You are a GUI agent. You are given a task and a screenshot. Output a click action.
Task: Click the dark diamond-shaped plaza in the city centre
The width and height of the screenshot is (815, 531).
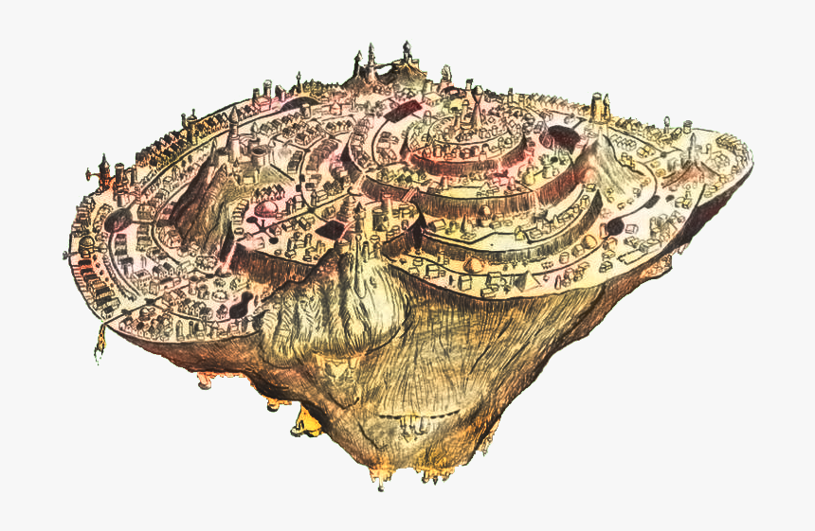[x=329, y=230]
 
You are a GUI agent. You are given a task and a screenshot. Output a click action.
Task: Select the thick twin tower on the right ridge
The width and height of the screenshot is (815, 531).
[x=598, y=106]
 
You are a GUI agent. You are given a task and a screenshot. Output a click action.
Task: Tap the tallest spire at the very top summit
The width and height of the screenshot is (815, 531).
[x=371, y=59]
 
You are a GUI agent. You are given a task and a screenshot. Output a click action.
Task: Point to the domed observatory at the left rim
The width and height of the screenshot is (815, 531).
[x=87, y=243]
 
